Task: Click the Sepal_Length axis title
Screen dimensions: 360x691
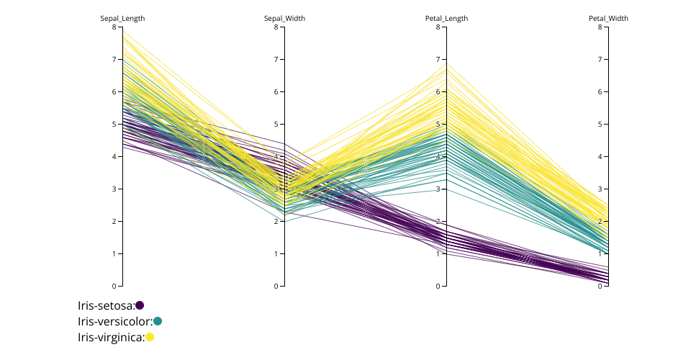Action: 122,19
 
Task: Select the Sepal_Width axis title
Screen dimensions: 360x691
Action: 284,19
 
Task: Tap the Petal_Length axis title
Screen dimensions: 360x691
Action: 446,19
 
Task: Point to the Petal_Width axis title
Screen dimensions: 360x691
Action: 608,19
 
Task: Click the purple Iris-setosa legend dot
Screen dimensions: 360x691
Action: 140,305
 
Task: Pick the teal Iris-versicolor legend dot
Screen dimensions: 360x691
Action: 158,321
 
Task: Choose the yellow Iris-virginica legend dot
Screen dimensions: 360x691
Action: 150,337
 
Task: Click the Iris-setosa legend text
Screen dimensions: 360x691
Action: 106,305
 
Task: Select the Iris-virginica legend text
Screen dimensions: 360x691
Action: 111,337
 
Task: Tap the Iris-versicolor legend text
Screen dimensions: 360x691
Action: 115,321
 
